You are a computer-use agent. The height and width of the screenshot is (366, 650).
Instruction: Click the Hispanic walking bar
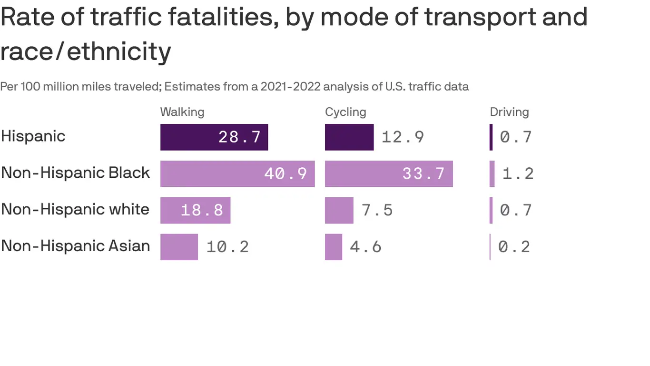[214, 137]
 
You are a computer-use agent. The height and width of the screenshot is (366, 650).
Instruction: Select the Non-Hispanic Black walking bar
[237, 173]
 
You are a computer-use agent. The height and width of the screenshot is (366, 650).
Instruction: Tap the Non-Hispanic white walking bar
[195, 210]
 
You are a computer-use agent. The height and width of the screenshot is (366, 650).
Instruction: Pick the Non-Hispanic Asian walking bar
[179, 247]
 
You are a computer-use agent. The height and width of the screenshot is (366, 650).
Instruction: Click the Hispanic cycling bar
[349, 137]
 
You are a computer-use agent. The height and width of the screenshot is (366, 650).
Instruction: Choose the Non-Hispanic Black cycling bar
[389, 173]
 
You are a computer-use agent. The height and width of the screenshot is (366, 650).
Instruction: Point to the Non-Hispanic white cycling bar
[339, 210]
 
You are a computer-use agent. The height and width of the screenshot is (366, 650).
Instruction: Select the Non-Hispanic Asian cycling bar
[334, 247]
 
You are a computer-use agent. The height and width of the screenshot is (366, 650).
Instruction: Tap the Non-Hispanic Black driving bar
[492, 173]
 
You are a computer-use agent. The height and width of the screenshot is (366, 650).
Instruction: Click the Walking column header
[182, 112]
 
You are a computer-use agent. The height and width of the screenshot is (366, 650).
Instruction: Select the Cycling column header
[345, 112]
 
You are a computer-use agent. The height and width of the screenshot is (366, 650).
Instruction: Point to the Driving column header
[509, 112]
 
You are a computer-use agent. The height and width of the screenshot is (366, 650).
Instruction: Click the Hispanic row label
[33, 136]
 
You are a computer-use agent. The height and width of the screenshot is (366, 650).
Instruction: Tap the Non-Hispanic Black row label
[75, 173]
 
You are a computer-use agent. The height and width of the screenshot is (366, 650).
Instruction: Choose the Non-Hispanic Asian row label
[75, 246]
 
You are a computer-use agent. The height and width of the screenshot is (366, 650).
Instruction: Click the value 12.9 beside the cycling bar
[403, 137]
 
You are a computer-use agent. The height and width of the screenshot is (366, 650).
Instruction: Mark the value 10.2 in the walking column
[227, 247]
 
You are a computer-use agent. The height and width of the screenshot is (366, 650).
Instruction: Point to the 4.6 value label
[365, 247]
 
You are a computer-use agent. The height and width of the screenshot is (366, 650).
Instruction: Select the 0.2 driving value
[514, 247]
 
